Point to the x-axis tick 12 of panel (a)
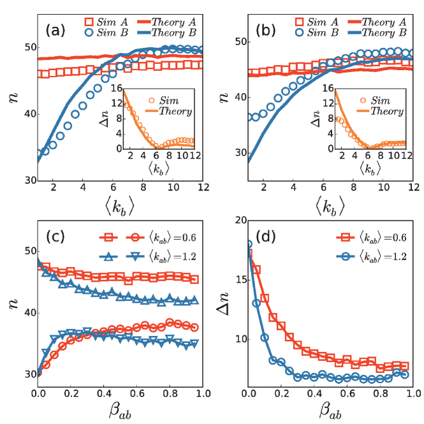click(x=201, y=187)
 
